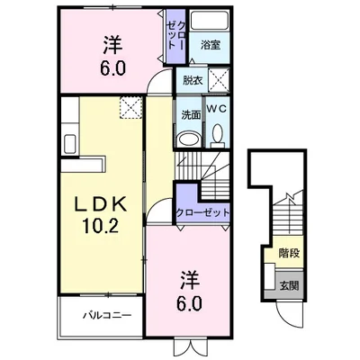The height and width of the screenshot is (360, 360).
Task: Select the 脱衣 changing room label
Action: pyautogui.click(x=192, y=79)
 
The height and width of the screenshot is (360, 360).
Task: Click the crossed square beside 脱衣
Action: pyautogui.click(x=220, y=79)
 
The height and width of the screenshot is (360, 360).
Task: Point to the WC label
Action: pyautogui.click(x=220, y=110)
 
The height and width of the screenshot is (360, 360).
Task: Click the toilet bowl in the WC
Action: pyautogui.click(x=219, y=135)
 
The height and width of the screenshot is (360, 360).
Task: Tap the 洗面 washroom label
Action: pyautogui.click(x=189, y=115)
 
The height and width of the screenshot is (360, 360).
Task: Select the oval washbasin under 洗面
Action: pyautogui.click(x=187, y=138)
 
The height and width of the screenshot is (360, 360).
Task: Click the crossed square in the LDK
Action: pyautogui.click(x=132, y=107)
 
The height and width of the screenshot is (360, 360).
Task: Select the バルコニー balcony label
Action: pyautogui.click(x=108, y=316)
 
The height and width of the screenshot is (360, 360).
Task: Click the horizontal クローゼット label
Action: pyautogui.click(x=201, y=212)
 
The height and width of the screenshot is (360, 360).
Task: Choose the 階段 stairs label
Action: pyautogui.click(x=288, y=254)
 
